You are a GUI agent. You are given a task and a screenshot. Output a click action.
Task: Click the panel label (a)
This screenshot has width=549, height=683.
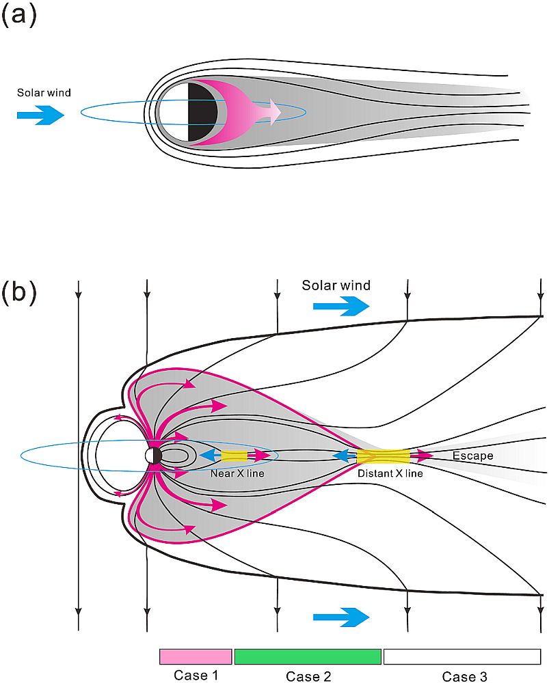[x=18, y=16]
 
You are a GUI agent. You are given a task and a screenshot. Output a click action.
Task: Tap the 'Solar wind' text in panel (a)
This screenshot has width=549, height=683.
[x=43, y=93]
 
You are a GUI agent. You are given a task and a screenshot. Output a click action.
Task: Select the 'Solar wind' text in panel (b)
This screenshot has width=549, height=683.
[x=336, y=285]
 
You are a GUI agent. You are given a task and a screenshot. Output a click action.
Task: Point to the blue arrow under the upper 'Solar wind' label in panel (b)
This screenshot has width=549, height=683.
[x=340, y=307]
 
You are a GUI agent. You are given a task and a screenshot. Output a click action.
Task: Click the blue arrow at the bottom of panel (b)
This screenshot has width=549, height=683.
[x=340, y=617]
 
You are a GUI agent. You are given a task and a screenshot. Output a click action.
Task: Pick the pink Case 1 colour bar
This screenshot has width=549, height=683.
[x=196, y=656]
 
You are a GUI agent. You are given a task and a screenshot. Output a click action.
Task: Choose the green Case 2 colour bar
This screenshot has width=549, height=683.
[x=308, y=656]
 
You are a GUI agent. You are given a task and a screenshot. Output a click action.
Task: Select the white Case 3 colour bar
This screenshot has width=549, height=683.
[x=462, y=656]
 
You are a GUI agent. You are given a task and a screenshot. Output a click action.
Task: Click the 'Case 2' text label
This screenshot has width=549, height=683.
[x=308, y=675]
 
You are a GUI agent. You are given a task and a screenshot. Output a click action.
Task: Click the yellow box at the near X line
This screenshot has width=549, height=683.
[x=234, y=456]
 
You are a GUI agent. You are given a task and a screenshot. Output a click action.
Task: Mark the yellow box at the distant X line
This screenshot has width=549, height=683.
[x=383, y=456]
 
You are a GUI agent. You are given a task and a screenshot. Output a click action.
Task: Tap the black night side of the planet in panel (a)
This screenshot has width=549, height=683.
[x=202, y=113]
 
